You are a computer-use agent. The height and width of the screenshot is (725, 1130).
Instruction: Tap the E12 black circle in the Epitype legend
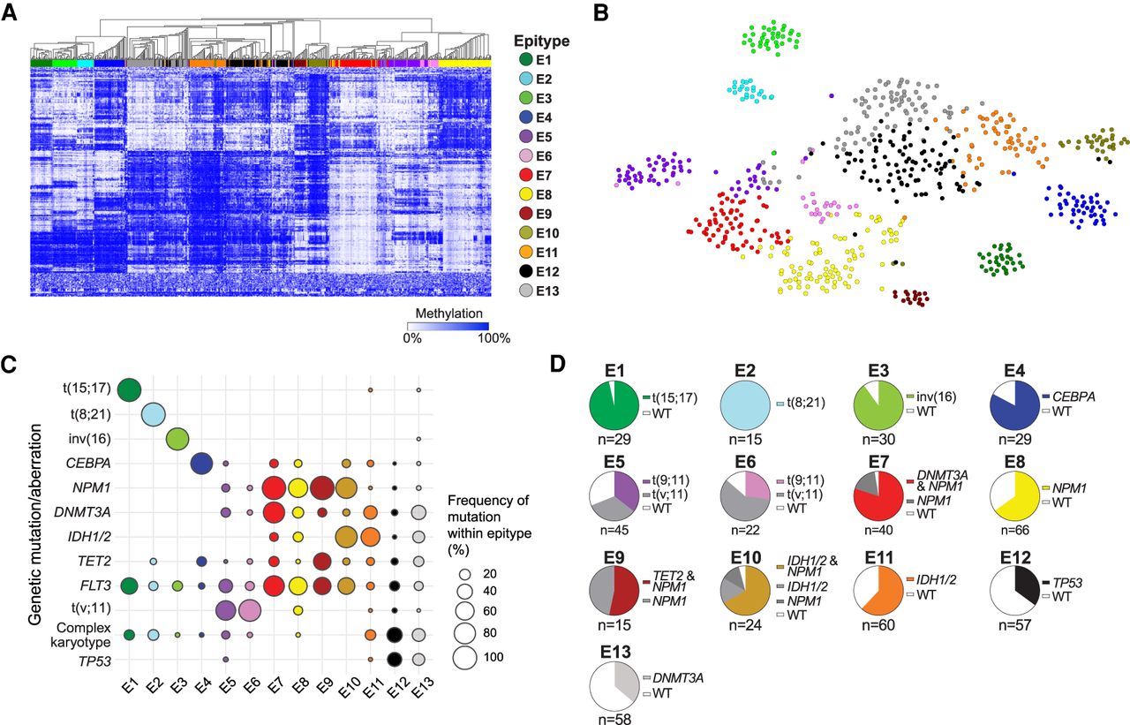click(x=526, y=270)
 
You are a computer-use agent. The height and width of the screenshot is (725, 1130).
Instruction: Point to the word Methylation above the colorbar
click(x=441, y=313)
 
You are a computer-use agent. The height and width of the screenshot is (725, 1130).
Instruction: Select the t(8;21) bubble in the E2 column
click(x=154, y=413)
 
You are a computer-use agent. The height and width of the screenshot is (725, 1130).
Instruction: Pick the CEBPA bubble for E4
click(x=201, y=463)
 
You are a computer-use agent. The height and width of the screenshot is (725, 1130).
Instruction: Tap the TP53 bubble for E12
click(x=395, y=658)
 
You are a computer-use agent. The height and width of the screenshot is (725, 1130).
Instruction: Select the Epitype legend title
click(x=541, y=41)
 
